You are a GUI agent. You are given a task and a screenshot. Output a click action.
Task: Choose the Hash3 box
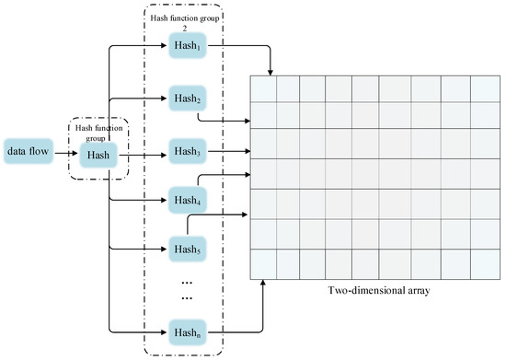tap(190, 151)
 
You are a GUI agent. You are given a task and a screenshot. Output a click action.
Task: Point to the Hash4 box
tap(190, 198)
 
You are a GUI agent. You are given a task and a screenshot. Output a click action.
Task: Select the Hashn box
tap(190, 329)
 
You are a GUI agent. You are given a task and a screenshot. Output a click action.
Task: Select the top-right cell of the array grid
tap(484, 87)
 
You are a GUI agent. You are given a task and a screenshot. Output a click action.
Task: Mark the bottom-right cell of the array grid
tap(484, 263)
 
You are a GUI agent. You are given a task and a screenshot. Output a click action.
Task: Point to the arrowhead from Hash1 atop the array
tap(270, 72)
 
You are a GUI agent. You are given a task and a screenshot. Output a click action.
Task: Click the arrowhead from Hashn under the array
tap(264, 280)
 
